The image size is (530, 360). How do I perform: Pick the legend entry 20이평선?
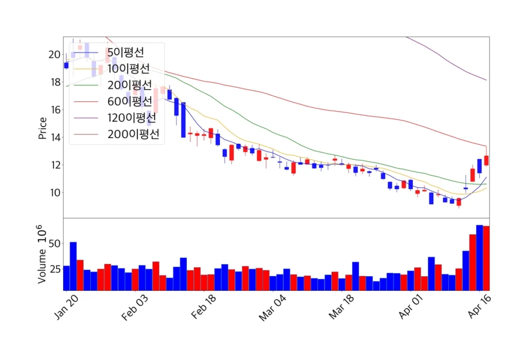pyautogui.click(x=129, y=85)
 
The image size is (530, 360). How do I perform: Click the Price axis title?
pyautogui.click(x=42, y=128)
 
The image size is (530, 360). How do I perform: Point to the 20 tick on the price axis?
pyautogui.click(x=54, y=54)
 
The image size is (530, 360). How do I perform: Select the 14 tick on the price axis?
pyautogui.click(x=54, y=138)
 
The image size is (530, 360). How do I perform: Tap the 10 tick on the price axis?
pyautogui.click(x=54, y=193)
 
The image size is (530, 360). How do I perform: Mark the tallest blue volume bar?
pyautogui.click(x=480, y=258)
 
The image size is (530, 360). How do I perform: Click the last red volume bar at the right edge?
pyautogui.click(x=487, y=258)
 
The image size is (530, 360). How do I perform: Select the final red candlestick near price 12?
pyautogui.click(x=487, y=160)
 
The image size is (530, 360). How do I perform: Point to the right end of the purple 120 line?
pyautogui.click(x=486, y=80)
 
